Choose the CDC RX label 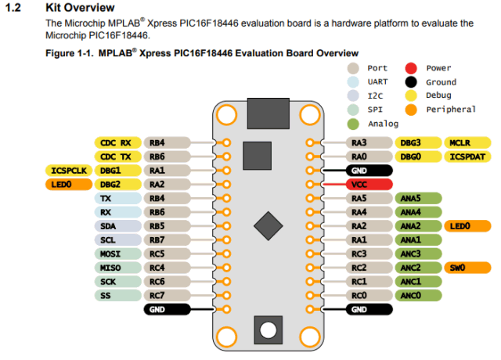[116, 142]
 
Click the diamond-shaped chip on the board [268, 227]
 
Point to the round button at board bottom [268, 329]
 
